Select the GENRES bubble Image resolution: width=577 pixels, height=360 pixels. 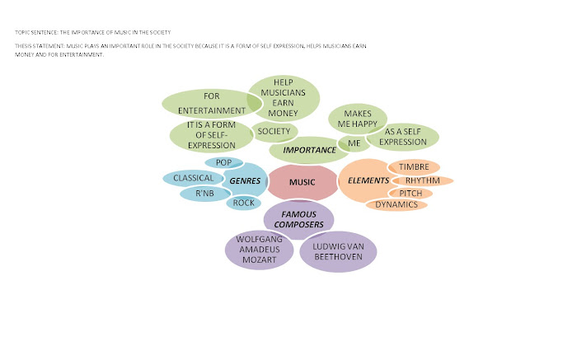[x=245, y=180]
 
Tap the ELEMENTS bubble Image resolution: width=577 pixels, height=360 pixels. [x=364, y=180]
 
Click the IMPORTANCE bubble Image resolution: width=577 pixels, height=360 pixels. [x=309, y=150]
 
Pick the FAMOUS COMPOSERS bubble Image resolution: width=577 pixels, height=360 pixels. [x=298, y=219]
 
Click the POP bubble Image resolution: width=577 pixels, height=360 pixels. [x=223, y=162]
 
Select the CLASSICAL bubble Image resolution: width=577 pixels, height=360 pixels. [x=194, y=178]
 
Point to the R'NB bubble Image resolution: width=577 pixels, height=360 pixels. [x=205, y=194]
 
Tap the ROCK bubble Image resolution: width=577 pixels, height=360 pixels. [x=243, y=203]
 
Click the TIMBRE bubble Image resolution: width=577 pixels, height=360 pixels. [x=414, y=167]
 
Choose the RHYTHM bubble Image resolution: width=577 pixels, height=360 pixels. [x=422, y=180]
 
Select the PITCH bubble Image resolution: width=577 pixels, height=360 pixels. [x=410, y=193]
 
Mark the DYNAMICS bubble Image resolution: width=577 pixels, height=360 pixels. [x=396, y=204]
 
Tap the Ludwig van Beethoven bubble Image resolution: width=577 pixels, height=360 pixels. [x=338, y=250]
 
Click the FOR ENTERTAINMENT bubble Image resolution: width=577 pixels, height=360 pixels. [x=204, y=104]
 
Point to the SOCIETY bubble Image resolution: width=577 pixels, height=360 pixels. [x=274, y=131]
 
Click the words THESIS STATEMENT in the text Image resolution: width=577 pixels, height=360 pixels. [x=36, y=46]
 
